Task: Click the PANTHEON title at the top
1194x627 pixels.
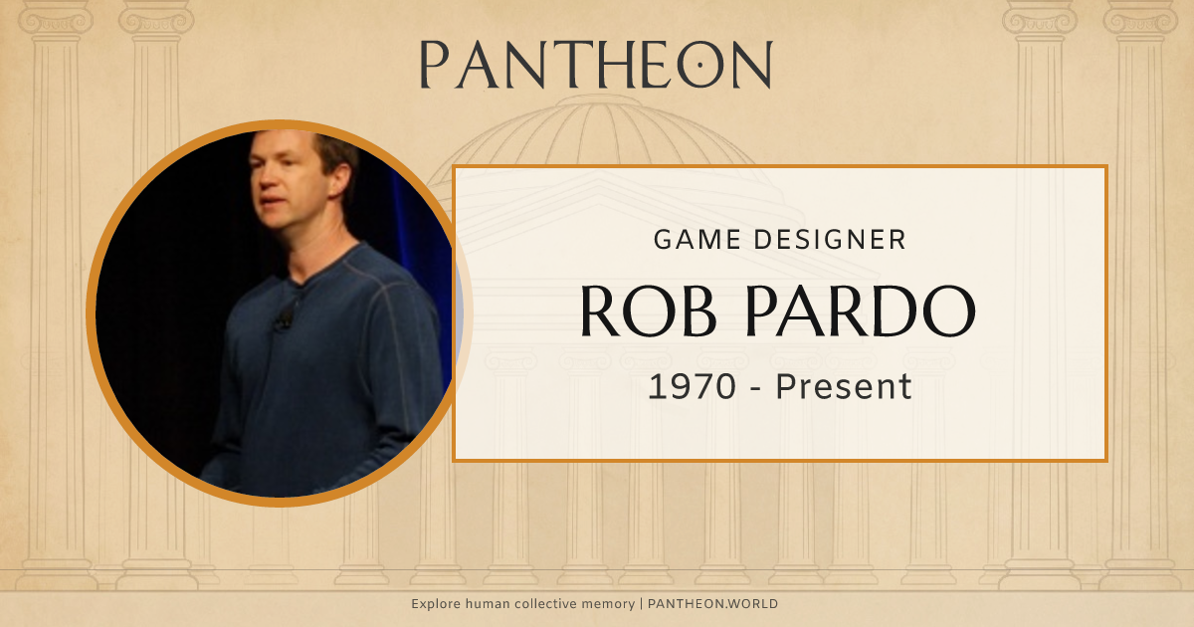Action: point(595,65)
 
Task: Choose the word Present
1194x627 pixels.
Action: point(844,386)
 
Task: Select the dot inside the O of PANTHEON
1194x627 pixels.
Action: point(699,65)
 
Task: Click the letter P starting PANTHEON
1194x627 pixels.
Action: point(433,65)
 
